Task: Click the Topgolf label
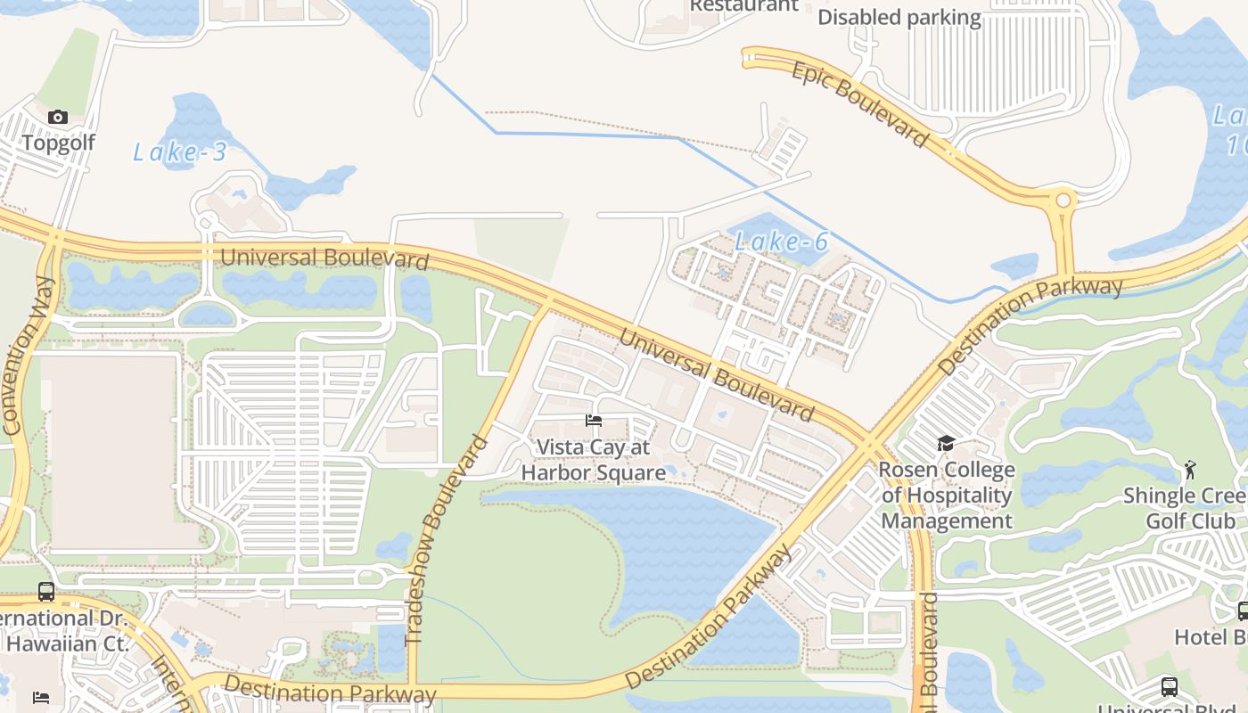pos(58,143)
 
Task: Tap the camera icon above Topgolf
pos(58,118)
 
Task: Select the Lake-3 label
pos(180,152)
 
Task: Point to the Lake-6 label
pos(783,241)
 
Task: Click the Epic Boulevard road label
pos(860,104)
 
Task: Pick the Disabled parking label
pos(899,18)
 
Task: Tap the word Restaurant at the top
pos(744,5)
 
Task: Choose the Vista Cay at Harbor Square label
pos(594,460)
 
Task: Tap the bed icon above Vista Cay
pos(594,421)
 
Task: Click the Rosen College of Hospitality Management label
pos(947,496)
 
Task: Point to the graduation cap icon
pos(946,444)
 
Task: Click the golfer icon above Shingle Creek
pos(1190,469)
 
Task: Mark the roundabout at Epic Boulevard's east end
pos(1063,201)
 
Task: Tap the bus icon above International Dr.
pos(46,591)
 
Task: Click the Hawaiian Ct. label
pos(68,643)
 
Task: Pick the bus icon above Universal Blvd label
pos(1170,687)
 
